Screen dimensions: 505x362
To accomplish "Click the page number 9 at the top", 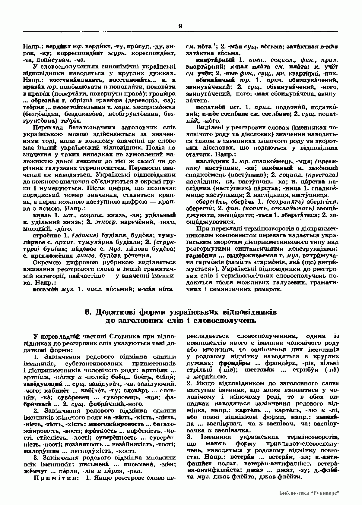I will [x=180, y=26].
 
